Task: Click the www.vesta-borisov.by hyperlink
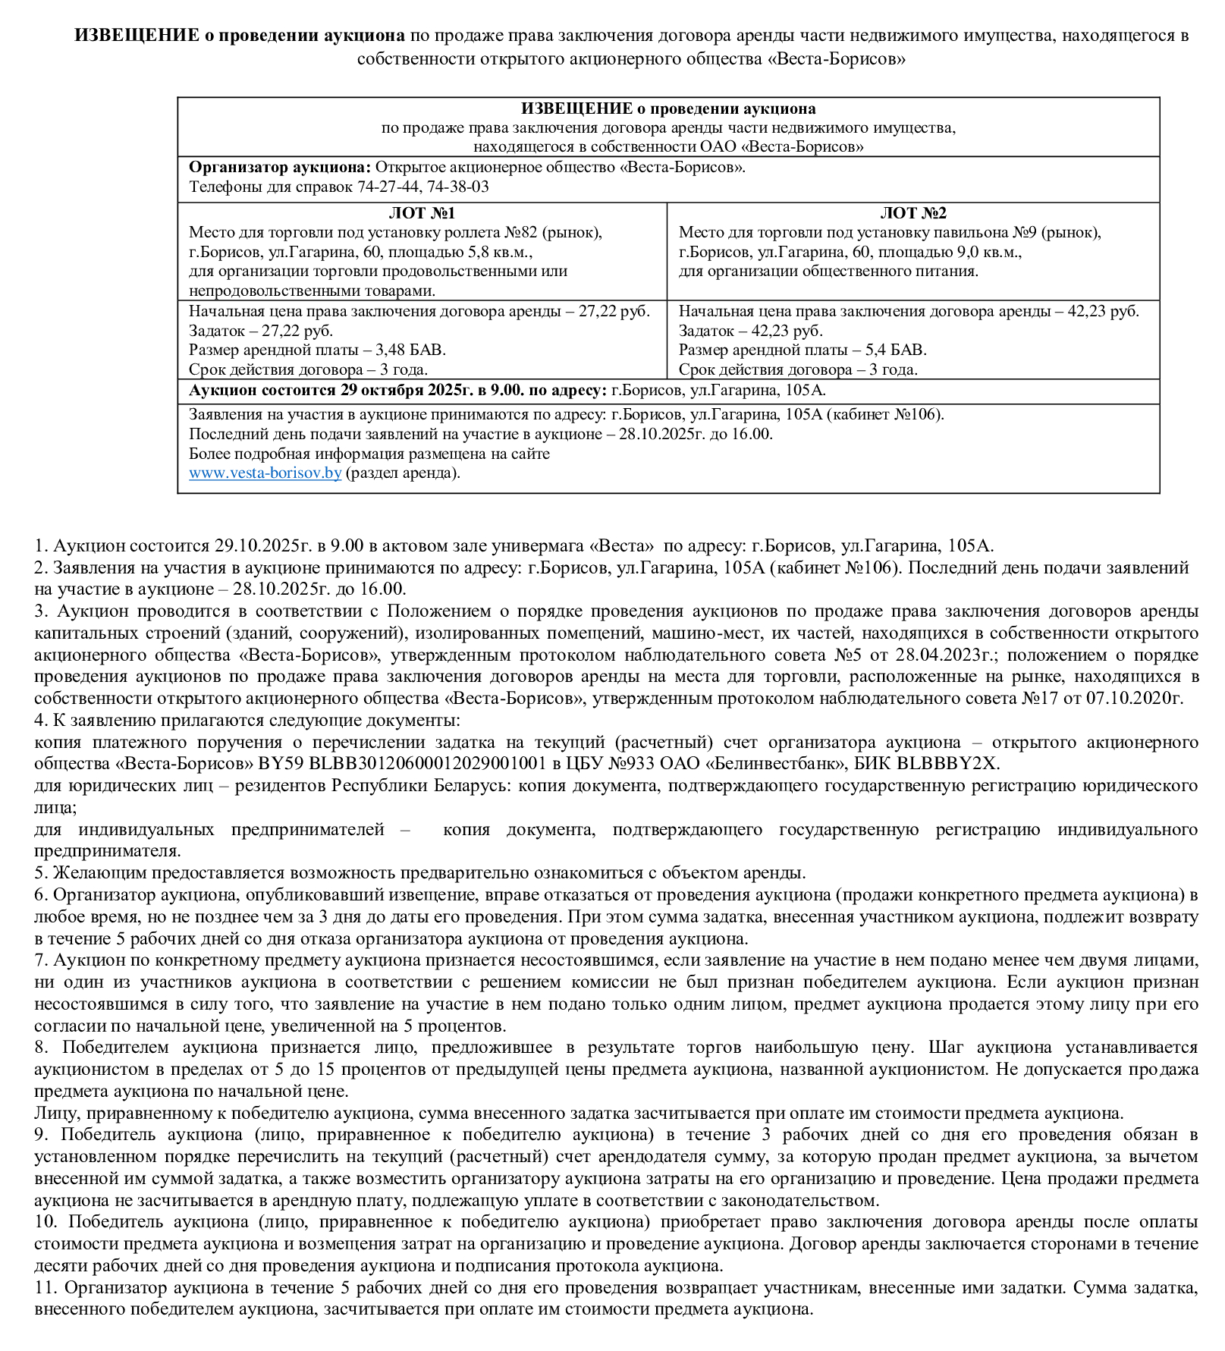pos(265,473)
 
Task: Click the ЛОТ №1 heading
pos(422,213)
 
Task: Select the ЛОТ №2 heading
pos(913,213)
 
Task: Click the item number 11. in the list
pos(46,1287)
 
